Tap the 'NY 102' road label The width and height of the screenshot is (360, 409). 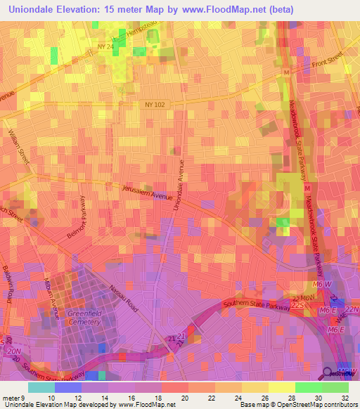tap(155, 105)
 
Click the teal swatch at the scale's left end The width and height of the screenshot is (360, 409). tap(40, 387)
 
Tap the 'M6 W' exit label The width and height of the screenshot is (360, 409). tap(323, 283)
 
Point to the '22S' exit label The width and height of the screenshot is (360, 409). tap(297, 306)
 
